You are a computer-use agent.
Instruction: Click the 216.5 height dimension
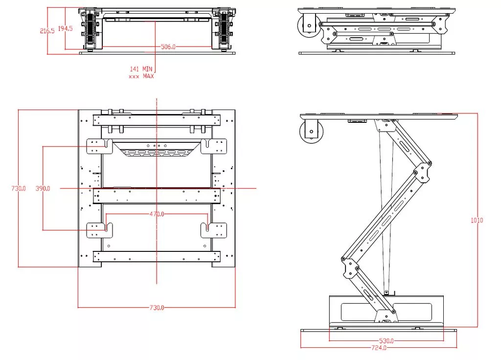point(47,30)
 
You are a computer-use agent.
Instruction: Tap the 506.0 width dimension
point(168,47)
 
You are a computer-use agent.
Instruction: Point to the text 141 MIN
point(141,69)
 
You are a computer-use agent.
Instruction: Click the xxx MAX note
point(141,76)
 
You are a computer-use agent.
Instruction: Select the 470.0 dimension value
point(157,214)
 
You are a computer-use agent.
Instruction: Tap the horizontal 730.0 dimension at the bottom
point(157,308)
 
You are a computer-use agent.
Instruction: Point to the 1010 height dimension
point(477,220)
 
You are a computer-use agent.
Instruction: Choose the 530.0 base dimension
point(386,340)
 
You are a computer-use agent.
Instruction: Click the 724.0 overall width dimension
point(379,348)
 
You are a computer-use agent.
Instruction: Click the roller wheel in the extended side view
point(311,131)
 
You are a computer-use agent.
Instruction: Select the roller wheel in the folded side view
point(309,25)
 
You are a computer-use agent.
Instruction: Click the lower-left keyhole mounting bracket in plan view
point(99,230)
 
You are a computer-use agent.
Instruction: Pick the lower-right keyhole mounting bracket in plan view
point(214,230)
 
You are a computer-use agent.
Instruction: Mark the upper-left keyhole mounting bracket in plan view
point(99,146)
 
